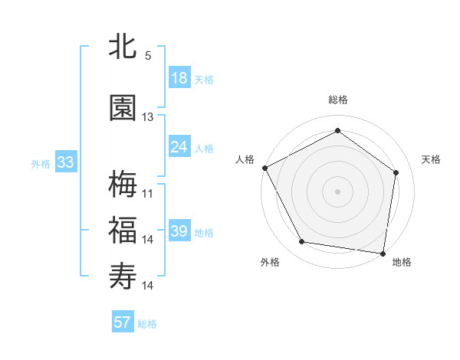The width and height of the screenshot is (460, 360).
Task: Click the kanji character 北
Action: click(x=123, y=47)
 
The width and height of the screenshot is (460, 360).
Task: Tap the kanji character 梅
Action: click(x=123, y=184)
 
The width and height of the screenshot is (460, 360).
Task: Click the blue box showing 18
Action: click(x=179, y=79)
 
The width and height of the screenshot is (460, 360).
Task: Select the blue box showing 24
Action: click(x=179, y=147)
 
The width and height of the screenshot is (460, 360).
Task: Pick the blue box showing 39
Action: click(x=179, y=231)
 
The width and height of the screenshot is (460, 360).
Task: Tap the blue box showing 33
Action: click(x=65, y=162)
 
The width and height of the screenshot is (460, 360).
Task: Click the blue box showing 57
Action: click(x=123, y=322)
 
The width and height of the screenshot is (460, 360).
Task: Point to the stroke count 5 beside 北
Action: click(x=148, y=56)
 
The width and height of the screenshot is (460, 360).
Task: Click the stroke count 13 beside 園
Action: click(x=148, y=117)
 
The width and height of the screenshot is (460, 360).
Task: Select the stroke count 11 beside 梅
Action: click(x=148, y=193)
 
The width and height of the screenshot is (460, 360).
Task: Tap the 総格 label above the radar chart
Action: click(x=338, y=100)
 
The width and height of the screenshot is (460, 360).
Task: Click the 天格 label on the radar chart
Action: click(x=432, y=159)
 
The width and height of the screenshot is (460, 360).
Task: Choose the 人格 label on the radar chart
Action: click(x=245, y=159)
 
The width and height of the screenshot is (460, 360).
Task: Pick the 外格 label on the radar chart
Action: click(x=270, y=263)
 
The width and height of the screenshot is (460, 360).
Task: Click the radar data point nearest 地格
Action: click(x=383, y=253)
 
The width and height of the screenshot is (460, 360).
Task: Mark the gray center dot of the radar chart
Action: click(x=338, y=191)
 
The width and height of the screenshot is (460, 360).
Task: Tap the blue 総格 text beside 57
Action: click(x=147, y=324)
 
